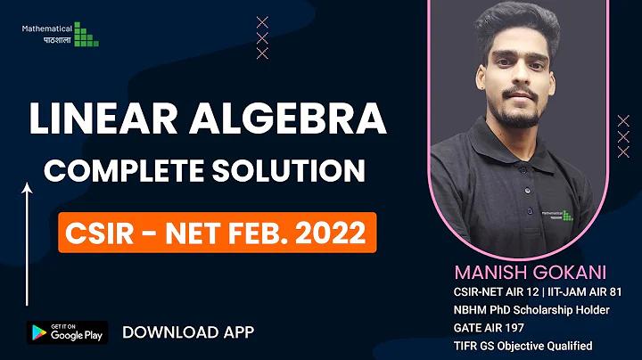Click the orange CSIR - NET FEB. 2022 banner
click(x=218, y=233)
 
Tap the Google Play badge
click(x=66, y=332)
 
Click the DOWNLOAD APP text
click(x=188, y=332)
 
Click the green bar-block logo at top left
click(x=86, y=35)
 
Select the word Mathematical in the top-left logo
click(x=47, y=29)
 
